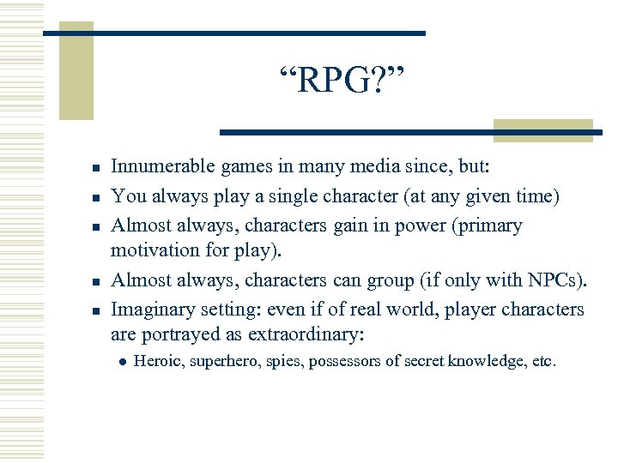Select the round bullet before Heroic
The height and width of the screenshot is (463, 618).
(x=121, y=362)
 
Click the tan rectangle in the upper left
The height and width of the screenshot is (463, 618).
(x=76, y=73)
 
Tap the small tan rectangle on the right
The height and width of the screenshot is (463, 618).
(x=543, y=129)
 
